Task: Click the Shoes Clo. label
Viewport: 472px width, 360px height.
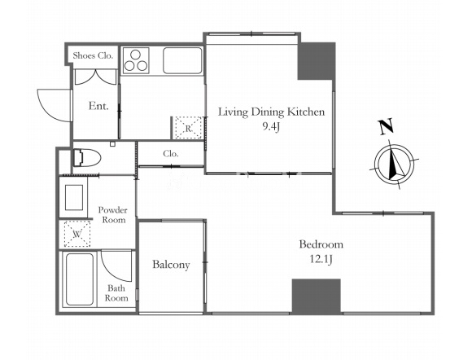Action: [93, 55]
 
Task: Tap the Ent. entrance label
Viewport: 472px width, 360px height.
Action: [98, 106]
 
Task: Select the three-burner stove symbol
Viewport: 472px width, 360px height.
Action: [136, 60]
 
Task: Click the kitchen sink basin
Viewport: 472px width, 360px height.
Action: [182, 60]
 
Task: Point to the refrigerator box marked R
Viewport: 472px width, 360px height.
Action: [188, 128]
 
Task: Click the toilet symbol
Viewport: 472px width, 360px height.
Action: [86, 157]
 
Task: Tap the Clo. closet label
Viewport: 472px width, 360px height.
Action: [171, 154]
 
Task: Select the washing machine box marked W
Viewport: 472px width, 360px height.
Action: [77, 234]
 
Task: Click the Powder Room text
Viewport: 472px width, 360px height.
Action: [113, 215]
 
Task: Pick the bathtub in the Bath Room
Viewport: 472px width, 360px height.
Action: [80, 279]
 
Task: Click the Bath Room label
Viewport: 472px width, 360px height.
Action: [116, 293]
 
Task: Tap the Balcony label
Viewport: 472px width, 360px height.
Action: [171, 265]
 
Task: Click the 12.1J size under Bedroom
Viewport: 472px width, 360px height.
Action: [321, 259]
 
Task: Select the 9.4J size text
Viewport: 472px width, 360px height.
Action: [271, 127]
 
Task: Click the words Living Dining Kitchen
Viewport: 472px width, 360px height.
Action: [271, 112]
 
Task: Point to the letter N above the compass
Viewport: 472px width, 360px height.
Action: [386, 126]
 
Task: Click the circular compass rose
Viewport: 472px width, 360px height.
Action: [394, 165]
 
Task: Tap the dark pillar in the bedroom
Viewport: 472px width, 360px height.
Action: [316, 296]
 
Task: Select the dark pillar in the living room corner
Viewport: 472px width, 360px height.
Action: [317, 61]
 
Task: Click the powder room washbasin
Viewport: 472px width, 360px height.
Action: [74, 197]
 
